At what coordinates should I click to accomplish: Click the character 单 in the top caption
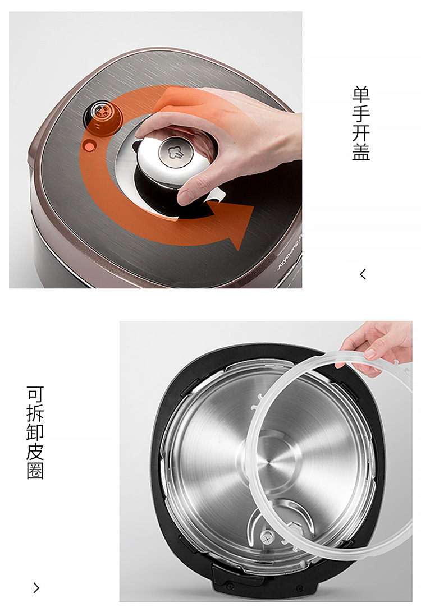tap(361, 95)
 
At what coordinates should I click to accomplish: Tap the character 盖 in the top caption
tap(361, 151)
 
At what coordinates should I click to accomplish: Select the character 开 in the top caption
tap(361, 133)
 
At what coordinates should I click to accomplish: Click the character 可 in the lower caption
tap(35, 394)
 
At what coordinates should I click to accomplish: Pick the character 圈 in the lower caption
tap(35, 471)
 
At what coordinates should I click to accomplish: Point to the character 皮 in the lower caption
tap(35, 452)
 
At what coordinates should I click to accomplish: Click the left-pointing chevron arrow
tap(363, 274)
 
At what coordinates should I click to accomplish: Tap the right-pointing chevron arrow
tap(36, 588)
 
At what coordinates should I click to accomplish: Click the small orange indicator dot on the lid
tap(89, 147)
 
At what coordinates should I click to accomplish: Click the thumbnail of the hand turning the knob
tap(155, 150)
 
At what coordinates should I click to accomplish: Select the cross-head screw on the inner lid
tap(268, 539)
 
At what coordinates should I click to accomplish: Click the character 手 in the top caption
tap(361, 113)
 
